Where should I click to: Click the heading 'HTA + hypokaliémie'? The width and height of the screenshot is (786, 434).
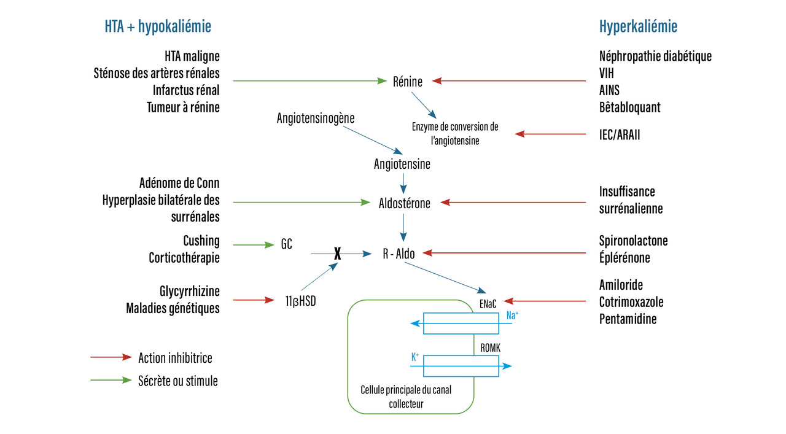click(158, 26)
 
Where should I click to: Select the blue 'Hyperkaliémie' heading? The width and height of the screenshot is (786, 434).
click(638, 26)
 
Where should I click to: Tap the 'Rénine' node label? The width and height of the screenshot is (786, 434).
click(408, 80)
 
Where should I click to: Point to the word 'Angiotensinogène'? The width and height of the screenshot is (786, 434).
click(316, 117)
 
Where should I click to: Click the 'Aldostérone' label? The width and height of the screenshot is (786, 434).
click(404, 203)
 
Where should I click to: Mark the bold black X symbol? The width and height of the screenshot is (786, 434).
click(337, 253)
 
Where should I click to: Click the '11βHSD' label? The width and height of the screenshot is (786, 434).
click(300, 301)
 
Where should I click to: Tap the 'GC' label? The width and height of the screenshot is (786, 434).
click(286, 244)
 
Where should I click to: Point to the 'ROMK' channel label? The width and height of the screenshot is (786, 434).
click(491, 347)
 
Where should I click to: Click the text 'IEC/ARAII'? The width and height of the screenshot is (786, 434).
click(620, 134)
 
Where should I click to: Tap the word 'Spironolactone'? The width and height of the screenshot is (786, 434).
click(633, 241)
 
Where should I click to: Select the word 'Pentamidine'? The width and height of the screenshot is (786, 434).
click(628, 319)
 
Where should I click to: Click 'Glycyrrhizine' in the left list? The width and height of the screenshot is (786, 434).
click(189, 290)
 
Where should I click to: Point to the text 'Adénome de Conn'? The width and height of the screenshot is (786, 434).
click(179, 184)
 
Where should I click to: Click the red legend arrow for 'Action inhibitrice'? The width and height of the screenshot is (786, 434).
click(111, 357)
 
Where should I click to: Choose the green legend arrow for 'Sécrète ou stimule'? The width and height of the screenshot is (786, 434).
click(111, 381)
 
